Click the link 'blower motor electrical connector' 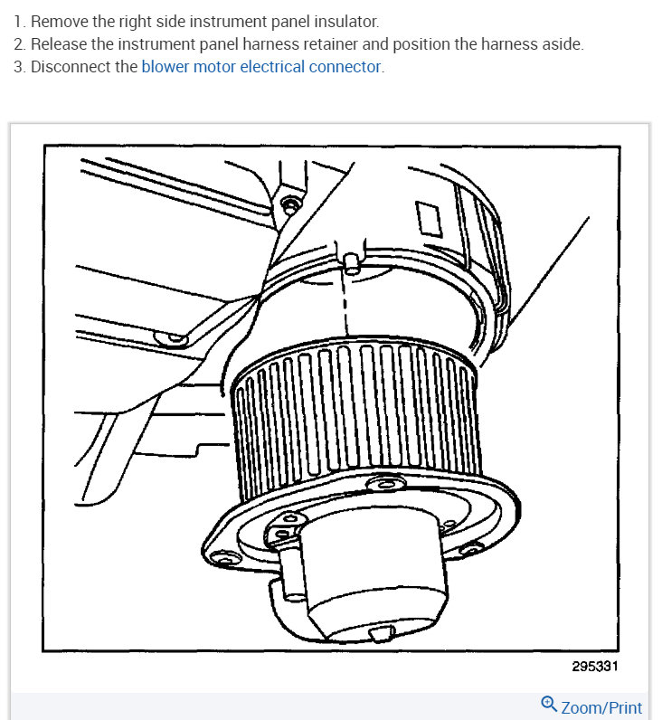[261, 67]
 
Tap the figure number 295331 [596, 666]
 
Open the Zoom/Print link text [601, 707]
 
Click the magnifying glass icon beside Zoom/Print [549, 705]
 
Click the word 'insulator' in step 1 [345, 21]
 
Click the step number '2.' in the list [21, 44]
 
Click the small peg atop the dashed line [347, 261]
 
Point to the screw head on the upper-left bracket [289, 205]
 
